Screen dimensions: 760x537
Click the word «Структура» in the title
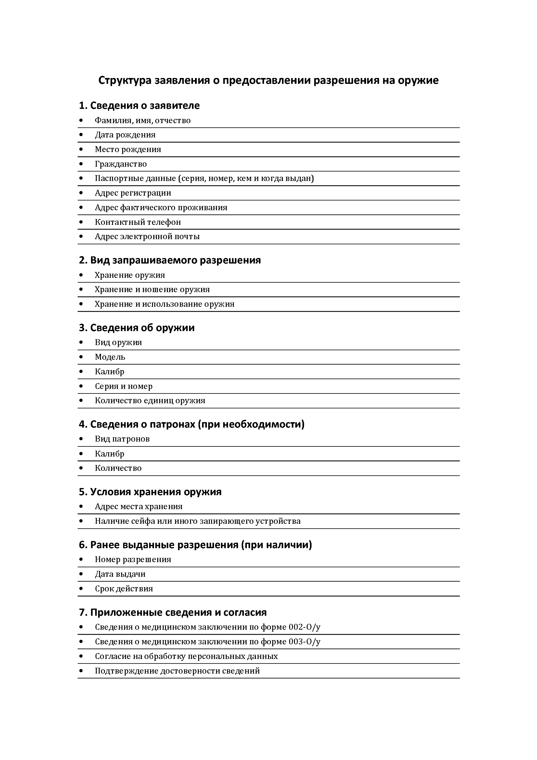click(x=125, y=81)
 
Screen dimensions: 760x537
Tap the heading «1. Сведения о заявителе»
click(x=139, y=106)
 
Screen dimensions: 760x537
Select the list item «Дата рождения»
click(x=125, y=135)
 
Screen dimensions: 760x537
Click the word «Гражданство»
click(x=121, y=164)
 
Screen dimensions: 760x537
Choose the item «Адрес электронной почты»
click(x=147, y=237)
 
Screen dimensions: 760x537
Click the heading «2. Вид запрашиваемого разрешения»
click(x=170, y=260)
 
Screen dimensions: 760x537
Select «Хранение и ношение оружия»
click(x=152, y=290)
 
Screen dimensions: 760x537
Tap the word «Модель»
click(x=110, y=357)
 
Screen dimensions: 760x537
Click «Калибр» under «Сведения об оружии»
click(x=109, y=372)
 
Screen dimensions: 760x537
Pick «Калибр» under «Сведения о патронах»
click(x=109, y=454)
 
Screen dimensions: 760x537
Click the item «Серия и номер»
click(x=124, y=386)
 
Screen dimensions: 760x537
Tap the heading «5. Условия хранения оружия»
click(x=150, y=492)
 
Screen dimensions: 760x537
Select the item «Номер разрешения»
click(x=133, y=560)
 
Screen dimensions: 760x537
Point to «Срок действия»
click(x=124, y=588)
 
